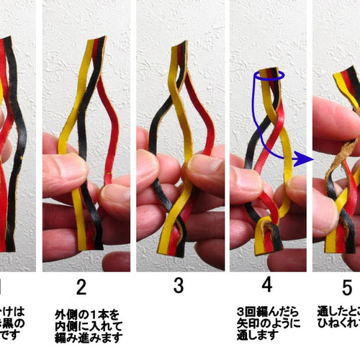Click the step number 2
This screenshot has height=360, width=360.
tap(81, 288)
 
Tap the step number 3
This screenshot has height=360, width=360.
tap(178, 287)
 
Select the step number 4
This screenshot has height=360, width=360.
tap(266, 286)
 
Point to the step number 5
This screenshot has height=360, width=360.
tap(346, 287)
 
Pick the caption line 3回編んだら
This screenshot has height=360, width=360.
tap(266, 311)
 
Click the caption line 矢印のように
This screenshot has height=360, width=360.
tap(266, 323)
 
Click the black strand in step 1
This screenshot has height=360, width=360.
tap(22, 144)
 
